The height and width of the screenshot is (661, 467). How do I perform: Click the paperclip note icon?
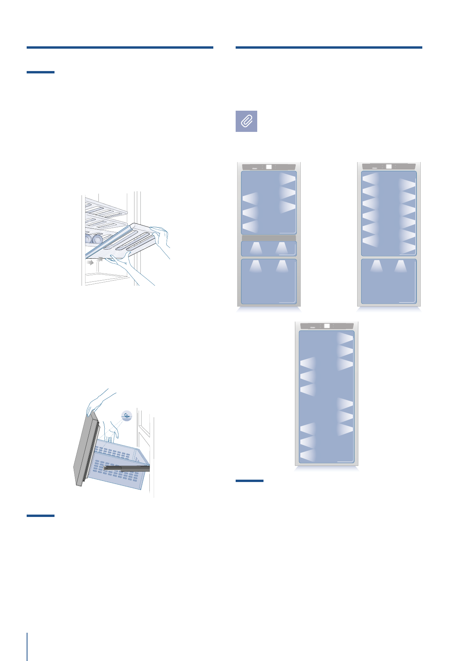click(x=246, y=121)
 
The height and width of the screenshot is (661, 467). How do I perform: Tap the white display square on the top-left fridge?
click(x=269, y=167)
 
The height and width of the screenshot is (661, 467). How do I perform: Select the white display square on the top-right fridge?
click(x=389, y=166)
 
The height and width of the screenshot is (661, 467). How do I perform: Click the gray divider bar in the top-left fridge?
click(x=269, y=238)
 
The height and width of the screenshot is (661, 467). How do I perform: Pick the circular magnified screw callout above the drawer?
click(x=126, y=415)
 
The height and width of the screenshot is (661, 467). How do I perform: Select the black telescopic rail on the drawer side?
click(x=127, y=468)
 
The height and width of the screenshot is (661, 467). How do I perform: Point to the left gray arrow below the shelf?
click(x=91, y=262)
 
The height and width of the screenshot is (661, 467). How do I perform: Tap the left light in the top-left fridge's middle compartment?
click(x=256, y=248)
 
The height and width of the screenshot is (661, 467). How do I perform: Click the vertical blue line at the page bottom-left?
click(x=27, y=646)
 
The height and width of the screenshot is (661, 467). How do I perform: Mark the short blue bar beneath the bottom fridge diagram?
click(x=249, y=480)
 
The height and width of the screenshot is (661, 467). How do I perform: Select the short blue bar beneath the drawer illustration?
click(x=40, y=515)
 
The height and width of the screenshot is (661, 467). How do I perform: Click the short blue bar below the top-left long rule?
click(x=40, y=72)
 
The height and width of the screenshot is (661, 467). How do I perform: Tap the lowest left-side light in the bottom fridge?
click(x=308, y=456)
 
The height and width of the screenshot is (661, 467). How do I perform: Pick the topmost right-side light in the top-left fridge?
click(x=288, y=179)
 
